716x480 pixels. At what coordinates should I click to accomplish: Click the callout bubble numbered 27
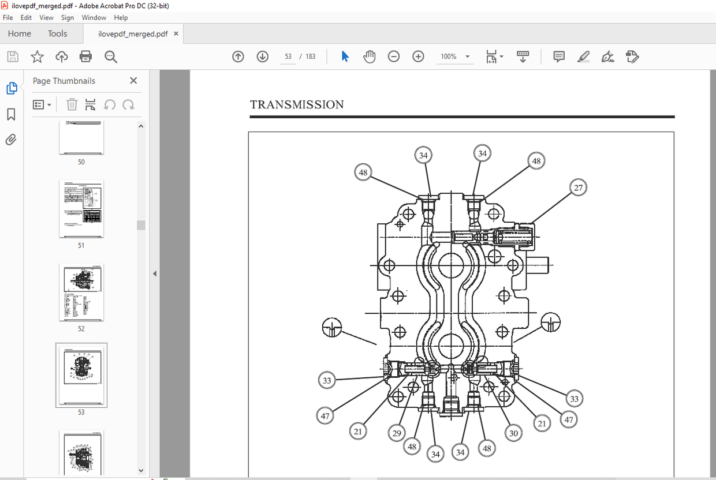(579, 187)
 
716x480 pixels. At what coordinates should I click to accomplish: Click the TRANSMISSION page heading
(297, 104)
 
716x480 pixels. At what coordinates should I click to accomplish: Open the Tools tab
(57, 33)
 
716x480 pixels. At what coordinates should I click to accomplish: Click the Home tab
(20, 33)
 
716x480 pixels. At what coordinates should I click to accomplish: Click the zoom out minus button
(394, 57)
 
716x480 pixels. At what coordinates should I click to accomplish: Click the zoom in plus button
(418, 57)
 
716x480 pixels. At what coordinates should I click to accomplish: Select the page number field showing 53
(288, 57)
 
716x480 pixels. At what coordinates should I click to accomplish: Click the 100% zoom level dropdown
(455, 57)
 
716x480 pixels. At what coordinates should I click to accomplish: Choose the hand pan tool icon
(370, 57)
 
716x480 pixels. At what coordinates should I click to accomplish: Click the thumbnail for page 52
(81, 292)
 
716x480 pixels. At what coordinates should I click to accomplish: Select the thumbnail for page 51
(81, 209)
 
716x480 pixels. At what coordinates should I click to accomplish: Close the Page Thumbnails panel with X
(133, 81)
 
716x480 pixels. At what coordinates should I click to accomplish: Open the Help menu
(121, 18)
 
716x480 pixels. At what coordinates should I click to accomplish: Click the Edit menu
(26, 18)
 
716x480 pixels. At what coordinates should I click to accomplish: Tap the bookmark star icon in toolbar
(37, 57)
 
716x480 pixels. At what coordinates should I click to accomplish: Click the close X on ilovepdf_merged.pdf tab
(176, 33)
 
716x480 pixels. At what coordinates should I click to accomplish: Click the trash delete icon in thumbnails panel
(72, 104)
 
